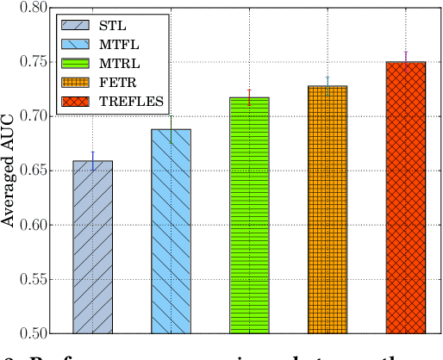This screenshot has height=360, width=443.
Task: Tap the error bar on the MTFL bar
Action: pyautogui.click(x=171, y=127)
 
